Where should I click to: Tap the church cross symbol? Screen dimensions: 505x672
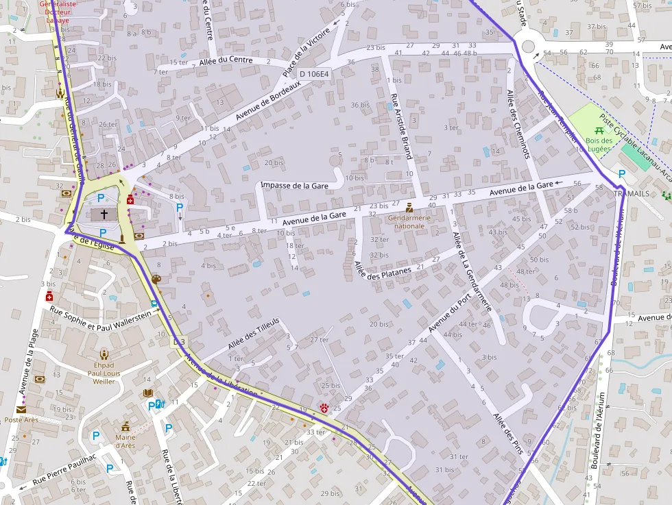[x=104, y=214]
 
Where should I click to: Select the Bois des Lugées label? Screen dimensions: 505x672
[x=599, y=145]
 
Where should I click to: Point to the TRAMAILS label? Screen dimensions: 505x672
[x=631, y=194]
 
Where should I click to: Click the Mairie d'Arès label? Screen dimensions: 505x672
[x=125, y=441]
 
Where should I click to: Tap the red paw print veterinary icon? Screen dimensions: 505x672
[x=324, y=408]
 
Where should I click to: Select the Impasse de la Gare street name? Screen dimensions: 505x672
[x=294, y=186]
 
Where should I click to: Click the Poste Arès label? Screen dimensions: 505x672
[x=21, y=419]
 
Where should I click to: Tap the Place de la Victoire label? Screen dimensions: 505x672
[x=307, y=51]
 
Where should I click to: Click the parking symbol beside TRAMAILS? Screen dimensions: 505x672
[x=621, y=174]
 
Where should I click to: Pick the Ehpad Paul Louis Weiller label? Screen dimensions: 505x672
[x=104, y=373]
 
